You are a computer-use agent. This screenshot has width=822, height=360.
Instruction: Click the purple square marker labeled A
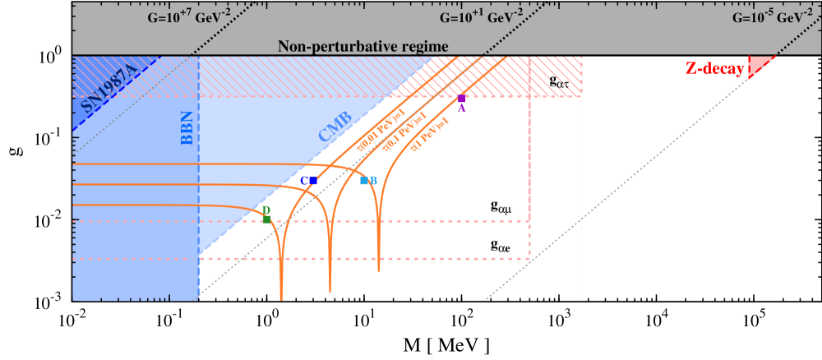pos(461,99)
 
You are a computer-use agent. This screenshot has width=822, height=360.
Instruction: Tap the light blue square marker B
pos(364,180)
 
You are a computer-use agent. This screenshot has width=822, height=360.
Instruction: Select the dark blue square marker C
pos(313,180)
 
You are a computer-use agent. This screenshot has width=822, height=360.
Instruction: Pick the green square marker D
pos(266,219)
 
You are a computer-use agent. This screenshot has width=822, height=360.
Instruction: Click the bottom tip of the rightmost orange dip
pos(378,270)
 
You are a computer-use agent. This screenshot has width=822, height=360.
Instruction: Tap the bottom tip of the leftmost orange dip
pos(281,299)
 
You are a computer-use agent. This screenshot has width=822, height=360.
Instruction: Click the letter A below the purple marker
pos(461,108)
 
